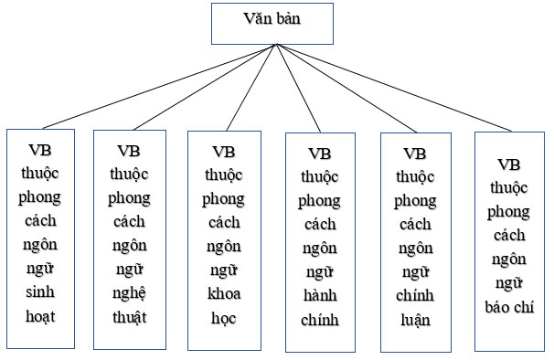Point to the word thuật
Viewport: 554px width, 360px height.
130,317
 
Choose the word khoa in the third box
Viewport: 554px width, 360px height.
223,293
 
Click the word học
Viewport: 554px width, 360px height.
223,317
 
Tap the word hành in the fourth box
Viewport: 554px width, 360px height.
320,295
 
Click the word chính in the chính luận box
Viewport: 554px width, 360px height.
415,295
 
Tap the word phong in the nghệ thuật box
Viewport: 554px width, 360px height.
130,198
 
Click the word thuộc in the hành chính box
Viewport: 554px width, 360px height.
320,176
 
